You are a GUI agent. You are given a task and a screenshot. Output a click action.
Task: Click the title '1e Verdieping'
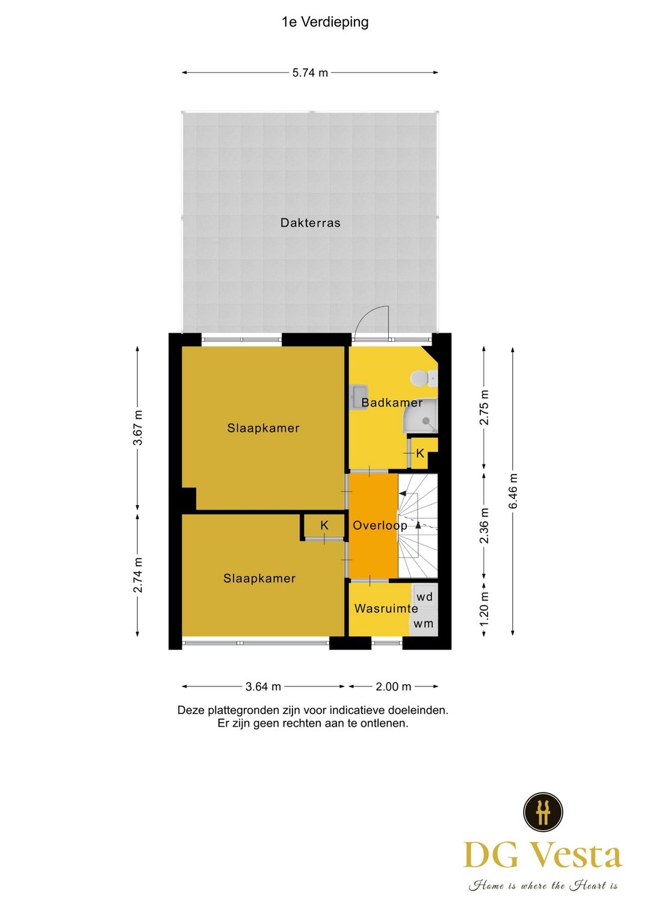(325, 22)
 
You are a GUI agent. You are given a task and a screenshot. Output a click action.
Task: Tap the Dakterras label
(311, 223)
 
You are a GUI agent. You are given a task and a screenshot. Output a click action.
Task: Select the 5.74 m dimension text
(310, 73)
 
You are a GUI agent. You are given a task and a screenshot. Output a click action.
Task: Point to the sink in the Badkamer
(359, 396)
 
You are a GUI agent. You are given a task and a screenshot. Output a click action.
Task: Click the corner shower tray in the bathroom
(420, 416)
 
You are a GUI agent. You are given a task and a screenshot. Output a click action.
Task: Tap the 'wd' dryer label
(424, 597)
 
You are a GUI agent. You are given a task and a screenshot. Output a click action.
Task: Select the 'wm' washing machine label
(423, 624)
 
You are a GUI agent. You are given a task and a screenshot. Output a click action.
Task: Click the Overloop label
(380, 526)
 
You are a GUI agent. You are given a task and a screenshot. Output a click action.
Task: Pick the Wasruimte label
(386, 608)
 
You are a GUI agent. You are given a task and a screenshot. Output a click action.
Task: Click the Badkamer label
(392, 403)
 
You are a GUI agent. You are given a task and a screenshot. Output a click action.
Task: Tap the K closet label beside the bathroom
(420, 453)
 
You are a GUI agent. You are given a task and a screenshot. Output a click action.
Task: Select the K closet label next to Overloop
(324, 525)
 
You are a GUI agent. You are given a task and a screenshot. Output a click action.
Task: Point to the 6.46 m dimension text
(513, 491)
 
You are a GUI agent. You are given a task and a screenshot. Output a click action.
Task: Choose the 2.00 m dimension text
(393, 687)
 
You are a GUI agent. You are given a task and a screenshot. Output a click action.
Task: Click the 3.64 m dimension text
(263, 687)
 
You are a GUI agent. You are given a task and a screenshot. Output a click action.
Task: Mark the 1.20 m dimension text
(484, 609)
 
